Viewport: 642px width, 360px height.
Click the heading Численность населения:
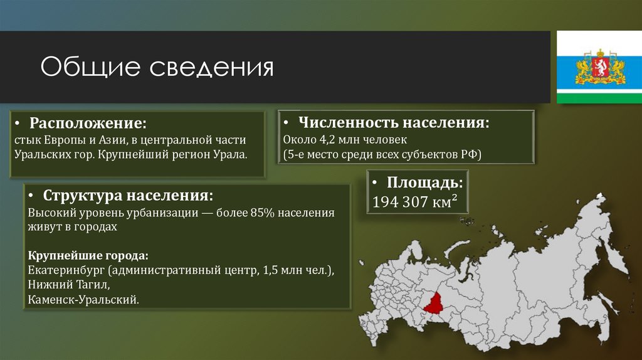394,122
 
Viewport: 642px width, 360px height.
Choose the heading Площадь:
424,183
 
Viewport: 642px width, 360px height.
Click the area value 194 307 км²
414,202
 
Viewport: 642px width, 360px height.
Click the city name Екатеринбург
66,270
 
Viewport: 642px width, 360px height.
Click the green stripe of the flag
600,97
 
